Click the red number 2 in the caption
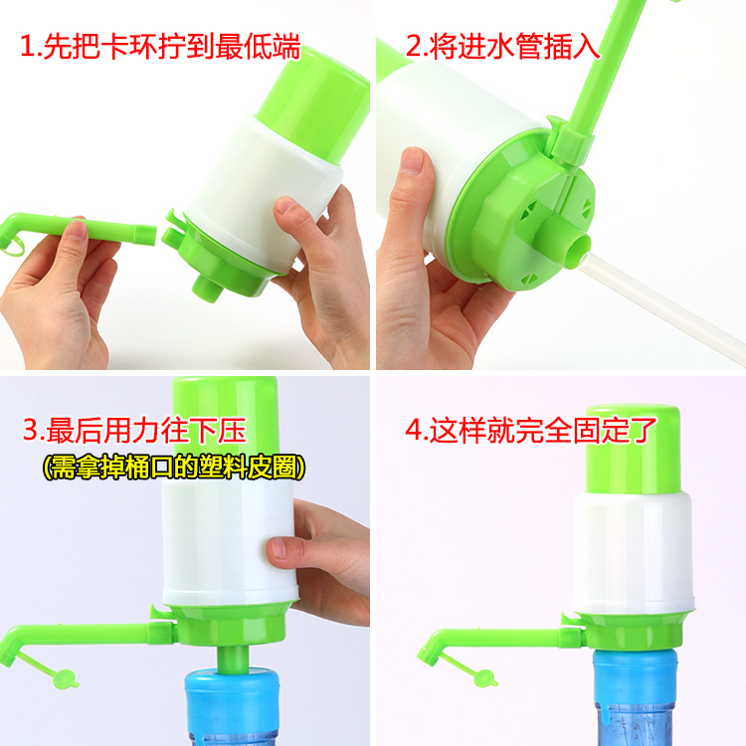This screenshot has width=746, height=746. pyautogui.click(x=414, y=47)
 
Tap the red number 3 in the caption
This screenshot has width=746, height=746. pyautogui.click(x=31, y=431)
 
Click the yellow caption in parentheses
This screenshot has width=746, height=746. pyautogui.click(x=174, y=467)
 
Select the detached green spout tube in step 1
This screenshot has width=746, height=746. pyautogui.click(x=78, y=231)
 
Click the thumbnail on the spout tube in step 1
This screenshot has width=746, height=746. pyautogui.click(x=77, y=230)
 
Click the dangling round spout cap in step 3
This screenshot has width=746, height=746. pyautogui.click(x=65, y=679)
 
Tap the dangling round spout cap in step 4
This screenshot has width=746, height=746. pyautogui.click(x=484, y=678)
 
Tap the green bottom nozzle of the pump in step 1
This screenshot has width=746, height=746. pyautogui.click(x=208, y=287)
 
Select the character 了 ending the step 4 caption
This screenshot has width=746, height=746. pyautogui.click(x=644, y=430)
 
